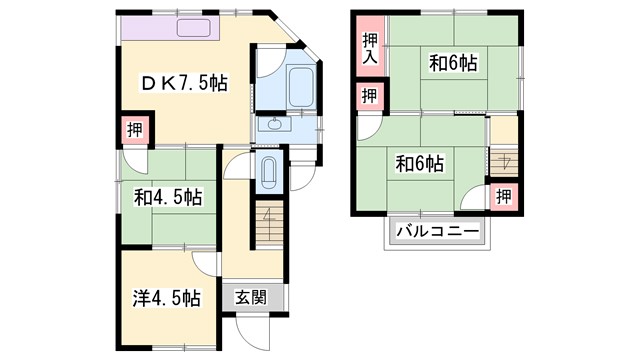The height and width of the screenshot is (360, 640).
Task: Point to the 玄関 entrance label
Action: [x=251, y=297]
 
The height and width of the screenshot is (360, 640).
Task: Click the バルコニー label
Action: [x=437, y=232]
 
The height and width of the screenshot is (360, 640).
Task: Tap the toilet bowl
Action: [x=268, y=174]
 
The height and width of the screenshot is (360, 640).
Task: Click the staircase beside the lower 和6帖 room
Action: [x=503, y=163]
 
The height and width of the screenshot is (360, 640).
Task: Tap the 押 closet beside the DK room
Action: [x=134, y=129]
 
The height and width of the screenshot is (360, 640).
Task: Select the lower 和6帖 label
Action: [x=419, y=162]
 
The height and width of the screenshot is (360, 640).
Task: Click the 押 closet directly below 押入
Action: [x=369, y=96]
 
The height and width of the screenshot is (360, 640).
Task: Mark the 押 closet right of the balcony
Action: [x=505, y=195]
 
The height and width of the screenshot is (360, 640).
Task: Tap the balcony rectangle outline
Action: [x=437, y=232]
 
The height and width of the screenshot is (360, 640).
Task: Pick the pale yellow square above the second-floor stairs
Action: [x=503, y=129]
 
